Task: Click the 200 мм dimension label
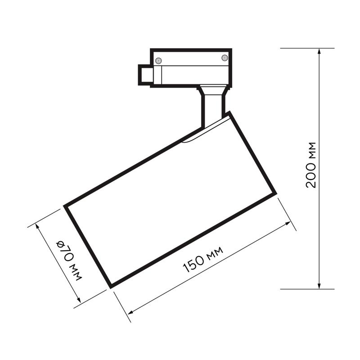tap(311, 165)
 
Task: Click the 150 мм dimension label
tap(203, 260)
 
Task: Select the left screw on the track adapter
tap(158, 61)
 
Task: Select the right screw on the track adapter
tap(225, 58)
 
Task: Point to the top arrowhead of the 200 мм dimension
tap(319, 51)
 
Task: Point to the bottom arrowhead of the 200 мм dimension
tap(319, 286)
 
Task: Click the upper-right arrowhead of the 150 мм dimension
tap(288, 223)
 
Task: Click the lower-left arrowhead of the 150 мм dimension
tap(131, 312)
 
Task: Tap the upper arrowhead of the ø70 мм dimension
tap(37, 227)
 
